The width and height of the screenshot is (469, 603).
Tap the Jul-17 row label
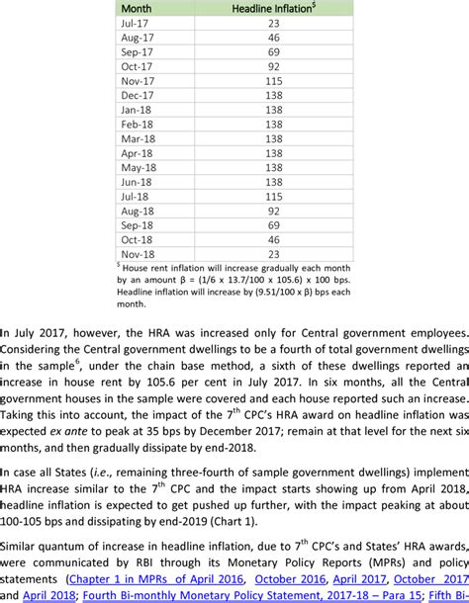(x=134, y=24)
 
